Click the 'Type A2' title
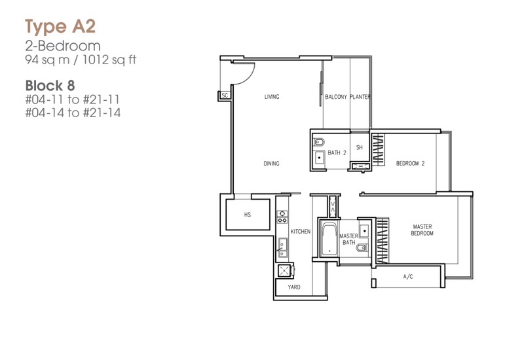[x=60, y=27]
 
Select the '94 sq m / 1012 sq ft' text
[x=81, y=60]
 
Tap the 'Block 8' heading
[x=50, y=86]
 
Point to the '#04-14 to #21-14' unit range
[x=73, y=113]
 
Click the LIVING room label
[x=272, y=97]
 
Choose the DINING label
[x=271, y=164]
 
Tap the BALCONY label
[x=336, y=97]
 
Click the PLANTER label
[x=360, y=97]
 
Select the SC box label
[x=225, y=96]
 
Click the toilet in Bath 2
[x=319, y=142]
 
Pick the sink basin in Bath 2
[x=320, y=157]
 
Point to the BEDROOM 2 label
[x=410, y=163]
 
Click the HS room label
[x=248, y=215]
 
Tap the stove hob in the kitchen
[x=282, y=217]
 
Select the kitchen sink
[x=283, y=247]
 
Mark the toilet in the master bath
[x=362, y=248]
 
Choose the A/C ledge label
[x=407, y=276]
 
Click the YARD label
[x=294, y=287]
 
